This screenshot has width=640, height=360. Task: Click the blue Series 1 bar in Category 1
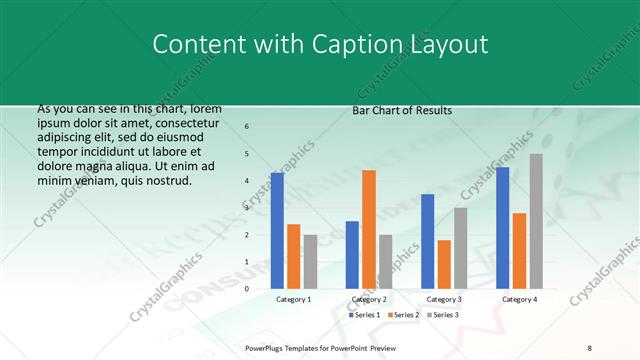click(x=277, y=231)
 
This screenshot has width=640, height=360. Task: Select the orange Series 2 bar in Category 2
click(x=369, y=229)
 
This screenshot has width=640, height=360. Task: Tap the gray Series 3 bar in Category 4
click(x=536, y=221)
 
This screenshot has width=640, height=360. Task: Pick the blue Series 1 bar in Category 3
click(x=427, y=241)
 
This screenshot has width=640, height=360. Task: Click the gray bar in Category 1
click(x=310, y=262)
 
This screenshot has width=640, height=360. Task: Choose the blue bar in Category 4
click(x=502, y=228)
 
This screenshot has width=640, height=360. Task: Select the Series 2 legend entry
click(x=402, y=315)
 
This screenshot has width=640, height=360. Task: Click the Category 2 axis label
click(x=368, y=299)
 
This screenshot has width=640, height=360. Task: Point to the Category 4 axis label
click(x=519, y=299)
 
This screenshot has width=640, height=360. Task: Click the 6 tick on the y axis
click(x=247, y=127)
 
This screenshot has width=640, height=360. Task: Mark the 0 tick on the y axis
click(x=247, y=289)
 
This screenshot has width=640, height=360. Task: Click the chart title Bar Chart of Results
click(x=403, y=110)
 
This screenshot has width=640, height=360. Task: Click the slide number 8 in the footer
click(x=590, y=347)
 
